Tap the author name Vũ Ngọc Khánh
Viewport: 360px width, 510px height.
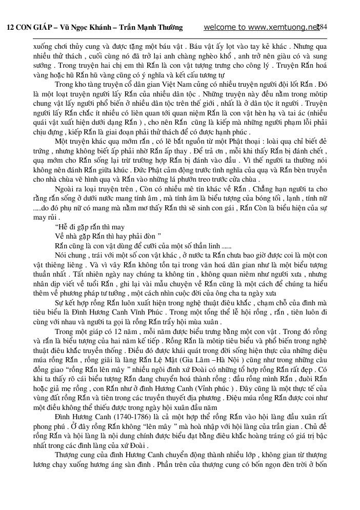83,28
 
